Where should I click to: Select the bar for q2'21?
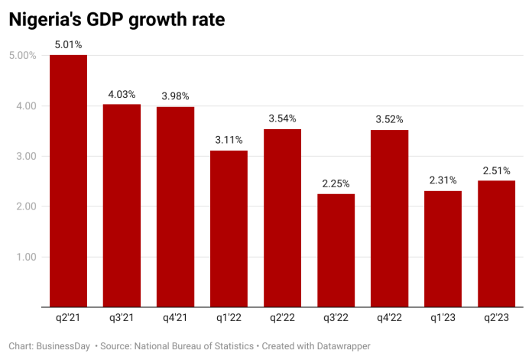pos(68,181)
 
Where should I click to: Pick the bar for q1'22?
pos(229,229)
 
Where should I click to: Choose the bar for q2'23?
pos(496,244)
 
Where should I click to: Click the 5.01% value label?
pos(68,45)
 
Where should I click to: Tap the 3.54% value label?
pos(282,118)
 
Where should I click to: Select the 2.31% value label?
pos(443,180)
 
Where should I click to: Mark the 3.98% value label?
pos(175,96)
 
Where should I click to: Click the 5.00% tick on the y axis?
pos(22,56)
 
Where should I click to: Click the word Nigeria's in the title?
pos(45,21)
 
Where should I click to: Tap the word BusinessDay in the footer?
pos(64,346)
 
